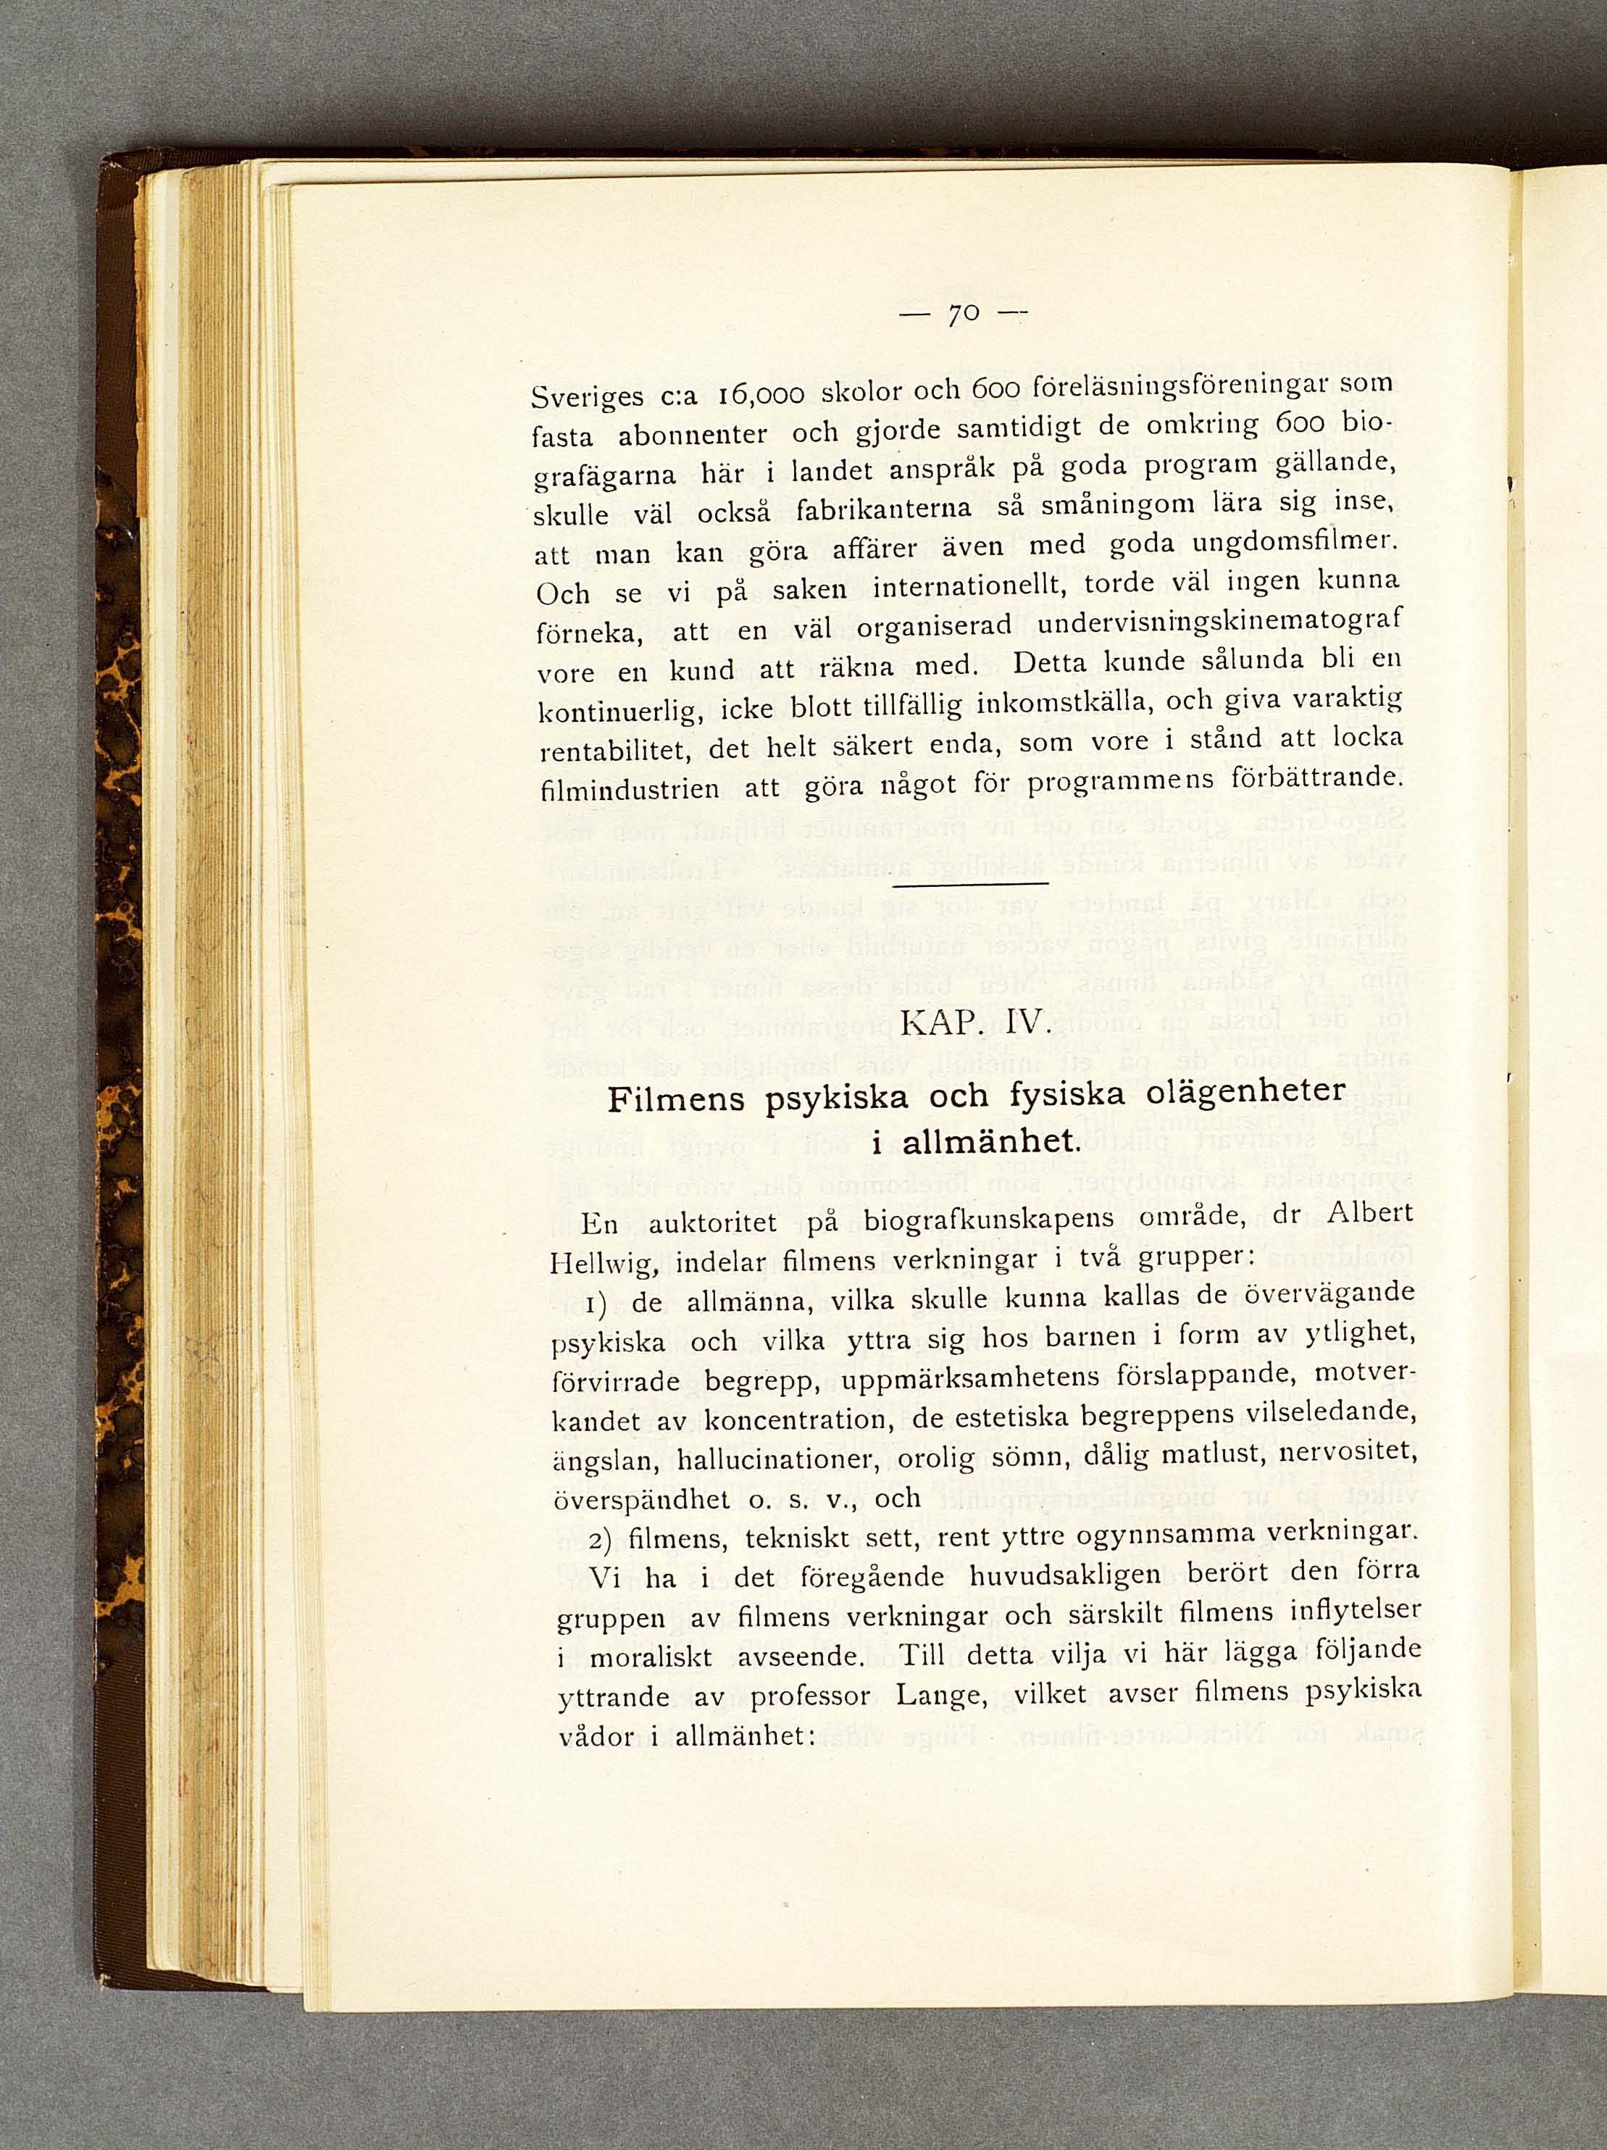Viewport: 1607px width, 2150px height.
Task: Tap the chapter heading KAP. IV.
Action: coord(972,1025)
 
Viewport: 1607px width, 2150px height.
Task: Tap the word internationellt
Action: coord(959,592)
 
